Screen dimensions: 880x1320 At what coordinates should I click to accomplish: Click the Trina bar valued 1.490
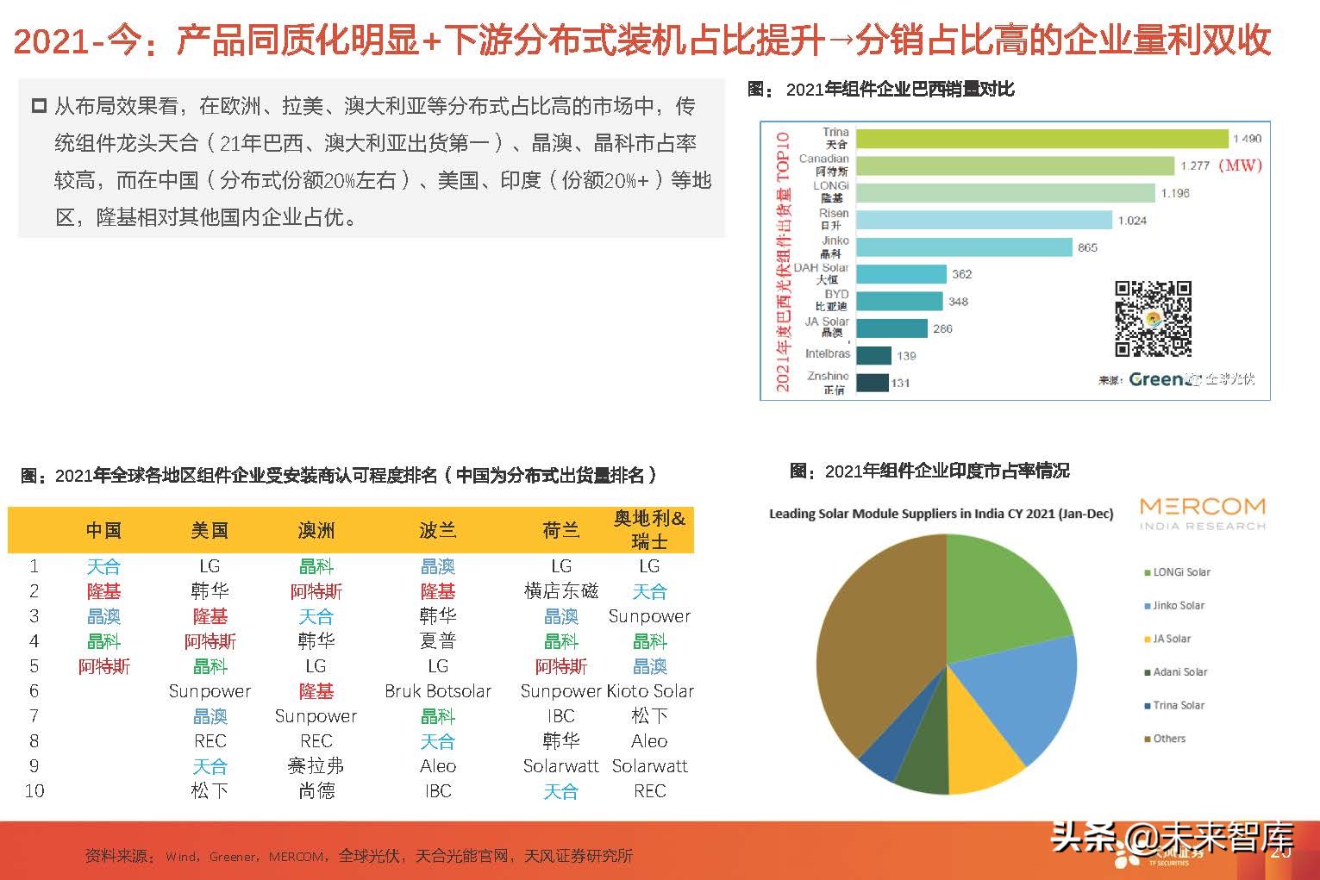pos(1042,139)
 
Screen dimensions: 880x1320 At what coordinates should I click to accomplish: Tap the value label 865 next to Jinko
pos(1087,247)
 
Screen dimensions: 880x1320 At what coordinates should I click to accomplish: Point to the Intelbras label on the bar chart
pos(827,353)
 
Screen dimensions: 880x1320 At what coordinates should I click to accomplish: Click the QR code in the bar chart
pos(1153,318)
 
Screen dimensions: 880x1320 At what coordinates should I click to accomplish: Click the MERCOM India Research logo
pos(1202,513)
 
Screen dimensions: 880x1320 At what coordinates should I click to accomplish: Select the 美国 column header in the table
pos(210,531)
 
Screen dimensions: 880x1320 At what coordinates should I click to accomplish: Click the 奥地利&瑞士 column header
pos(649,529)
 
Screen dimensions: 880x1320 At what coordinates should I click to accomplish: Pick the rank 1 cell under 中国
pos(103,566)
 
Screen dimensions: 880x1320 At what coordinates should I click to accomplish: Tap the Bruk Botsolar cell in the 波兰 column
pos(437,691)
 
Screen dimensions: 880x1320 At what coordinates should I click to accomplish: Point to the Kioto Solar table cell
pos(651,691)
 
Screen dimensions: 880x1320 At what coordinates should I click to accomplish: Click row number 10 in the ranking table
pos(34,791)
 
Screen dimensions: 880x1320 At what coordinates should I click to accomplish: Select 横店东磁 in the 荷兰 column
pos(560,591)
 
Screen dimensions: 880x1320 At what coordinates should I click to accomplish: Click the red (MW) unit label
pos(1240,165)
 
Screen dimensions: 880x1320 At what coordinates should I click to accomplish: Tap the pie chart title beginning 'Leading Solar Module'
pos(941,514)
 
